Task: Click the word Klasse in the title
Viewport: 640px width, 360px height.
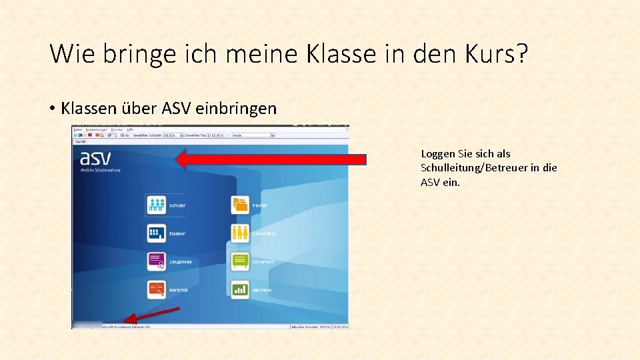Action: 341,53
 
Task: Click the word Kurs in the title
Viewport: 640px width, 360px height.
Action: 486,53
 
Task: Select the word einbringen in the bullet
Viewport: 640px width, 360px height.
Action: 237,108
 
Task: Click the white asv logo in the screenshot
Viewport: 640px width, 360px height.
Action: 95,159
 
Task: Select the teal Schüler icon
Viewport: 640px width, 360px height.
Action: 157,205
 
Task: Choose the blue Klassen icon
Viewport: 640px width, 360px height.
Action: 157,233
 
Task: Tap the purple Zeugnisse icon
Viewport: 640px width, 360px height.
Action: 157,261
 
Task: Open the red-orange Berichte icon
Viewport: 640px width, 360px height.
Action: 157,289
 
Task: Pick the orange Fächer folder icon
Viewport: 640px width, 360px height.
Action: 240,205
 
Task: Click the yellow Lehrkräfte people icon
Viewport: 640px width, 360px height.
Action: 240,233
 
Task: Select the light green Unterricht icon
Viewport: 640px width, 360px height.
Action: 240,261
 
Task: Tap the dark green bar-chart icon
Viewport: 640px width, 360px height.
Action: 240,289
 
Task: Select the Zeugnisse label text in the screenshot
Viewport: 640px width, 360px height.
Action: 181,262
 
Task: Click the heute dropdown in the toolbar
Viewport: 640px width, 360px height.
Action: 253,135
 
